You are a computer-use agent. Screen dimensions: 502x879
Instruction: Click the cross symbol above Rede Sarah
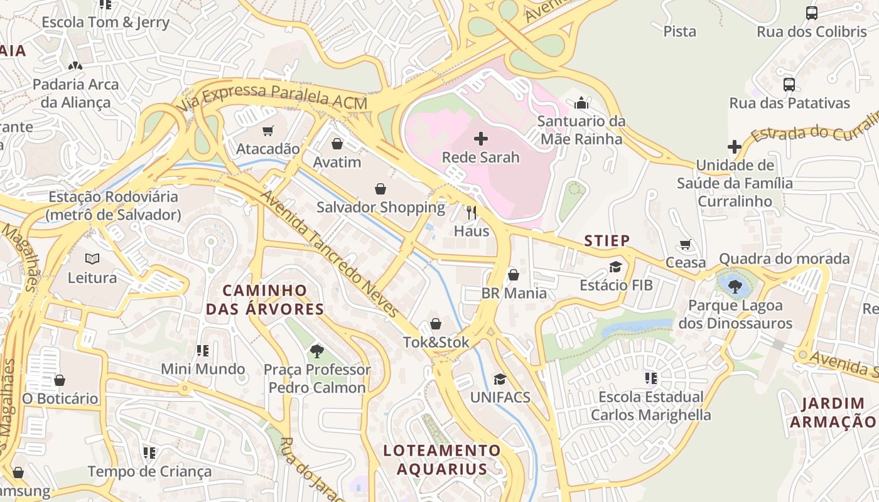pos(481,138)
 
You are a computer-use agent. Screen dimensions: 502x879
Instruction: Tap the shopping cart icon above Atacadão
pos(268,131)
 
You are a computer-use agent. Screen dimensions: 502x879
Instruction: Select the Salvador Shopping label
pos(380,207)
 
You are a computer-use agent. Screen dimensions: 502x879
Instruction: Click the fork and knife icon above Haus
pos(472,213)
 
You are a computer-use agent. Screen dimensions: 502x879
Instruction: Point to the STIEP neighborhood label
pos(607,240)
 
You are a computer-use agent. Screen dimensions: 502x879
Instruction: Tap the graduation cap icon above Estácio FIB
pos(615,267)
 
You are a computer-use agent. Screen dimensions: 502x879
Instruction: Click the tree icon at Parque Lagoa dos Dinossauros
pos(735,286)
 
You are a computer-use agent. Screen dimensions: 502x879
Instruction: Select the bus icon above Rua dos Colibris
pos(811,13)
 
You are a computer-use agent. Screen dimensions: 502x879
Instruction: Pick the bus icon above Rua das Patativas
pos(789,84)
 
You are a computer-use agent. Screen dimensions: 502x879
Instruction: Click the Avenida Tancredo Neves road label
pos(330,254)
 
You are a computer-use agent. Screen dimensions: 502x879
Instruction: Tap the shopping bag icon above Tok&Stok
pos(435,324)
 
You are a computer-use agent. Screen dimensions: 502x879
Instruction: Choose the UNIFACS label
pos(500,397)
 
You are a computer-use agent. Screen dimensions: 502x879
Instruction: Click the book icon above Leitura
pos(92,259)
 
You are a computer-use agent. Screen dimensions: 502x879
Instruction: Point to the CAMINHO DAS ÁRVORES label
pos(265,299)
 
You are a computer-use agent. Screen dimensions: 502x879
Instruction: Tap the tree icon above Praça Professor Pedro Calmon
pos(317,351)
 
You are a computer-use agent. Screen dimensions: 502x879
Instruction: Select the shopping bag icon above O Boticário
pos(60,380)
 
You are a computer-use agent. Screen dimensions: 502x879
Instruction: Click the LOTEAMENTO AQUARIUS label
pos(442,459)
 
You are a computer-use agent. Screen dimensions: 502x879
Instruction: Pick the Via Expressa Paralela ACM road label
pos(272,97)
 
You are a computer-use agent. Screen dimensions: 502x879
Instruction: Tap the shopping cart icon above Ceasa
pos(686,244)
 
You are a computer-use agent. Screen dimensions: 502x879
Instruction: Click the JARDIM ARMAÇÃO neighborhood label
pos(833,412)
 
